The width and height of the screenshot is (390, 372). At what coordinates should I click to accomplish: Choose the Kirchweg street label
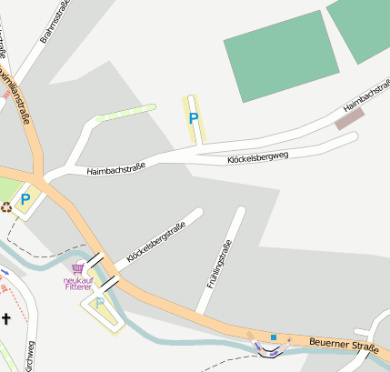tap(30, 357)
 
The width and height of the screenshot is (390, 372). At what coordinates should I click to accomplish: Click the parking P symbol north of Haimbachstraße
tap(193, 118)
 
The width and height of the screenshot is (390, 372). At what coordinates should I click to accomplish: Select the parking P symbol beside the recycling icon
tap(25, 199)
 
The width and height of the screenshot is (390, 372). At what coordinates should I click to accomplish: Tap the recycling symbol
tap(7, 206)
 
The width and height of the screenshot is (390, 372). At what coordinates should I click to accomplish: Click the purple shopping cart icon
tap(78, 269)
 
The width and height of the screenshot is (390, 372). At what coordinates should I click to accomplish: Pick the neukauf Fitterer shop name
tap(77, 284)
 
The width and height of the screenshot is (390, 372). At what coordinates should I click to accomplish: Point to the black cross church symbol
tap(6, 318)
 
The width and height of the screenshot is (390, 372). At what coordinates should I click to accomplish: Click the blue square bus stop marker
tap(273, 337)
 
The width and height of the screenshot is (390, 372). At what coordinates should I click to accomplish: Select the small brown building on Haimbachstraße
tap(349, 118)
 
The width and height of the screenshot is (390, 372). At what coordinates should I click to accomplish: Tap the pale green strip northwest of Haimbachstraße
tap(125, 113)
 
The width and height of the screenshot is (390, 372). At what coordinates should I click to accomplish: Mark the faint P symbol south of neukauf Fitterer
tap(100, 303)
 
